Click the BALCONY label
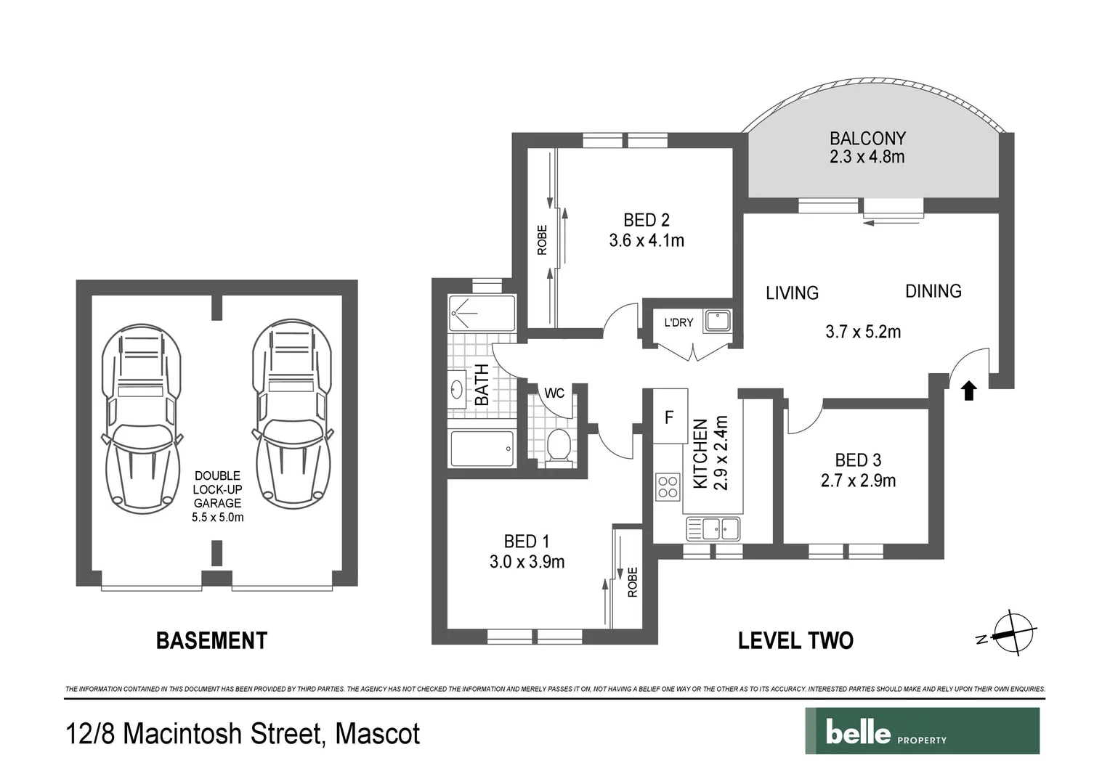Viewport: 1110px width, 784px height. coord(867,139)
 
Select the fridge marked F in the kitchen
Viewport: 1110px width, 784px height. coord(670,417)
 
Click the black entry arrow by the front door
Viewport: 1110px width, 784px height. coord(968,391)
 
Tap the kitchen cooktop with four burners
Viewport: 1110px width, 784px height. coord(668,486)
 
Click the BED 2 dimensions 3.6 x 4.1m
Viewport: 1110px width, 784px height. coord(647,240)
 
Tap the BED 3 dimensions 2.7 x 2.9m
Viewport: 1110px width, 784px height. coord(858,481)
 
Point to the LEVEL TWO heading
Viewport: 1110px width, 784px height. coord(795,640)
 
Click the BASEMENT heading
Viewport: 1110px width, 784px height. coord(211,640)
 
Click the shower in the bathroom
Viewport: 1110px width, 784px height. coord(482,313)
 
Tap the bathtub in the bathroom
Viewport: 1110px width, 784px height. coord(482,449)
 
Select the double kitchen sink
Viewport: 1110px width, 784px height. coord(712,528)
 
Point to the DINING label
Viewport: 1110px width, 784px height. coord(933,291)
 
